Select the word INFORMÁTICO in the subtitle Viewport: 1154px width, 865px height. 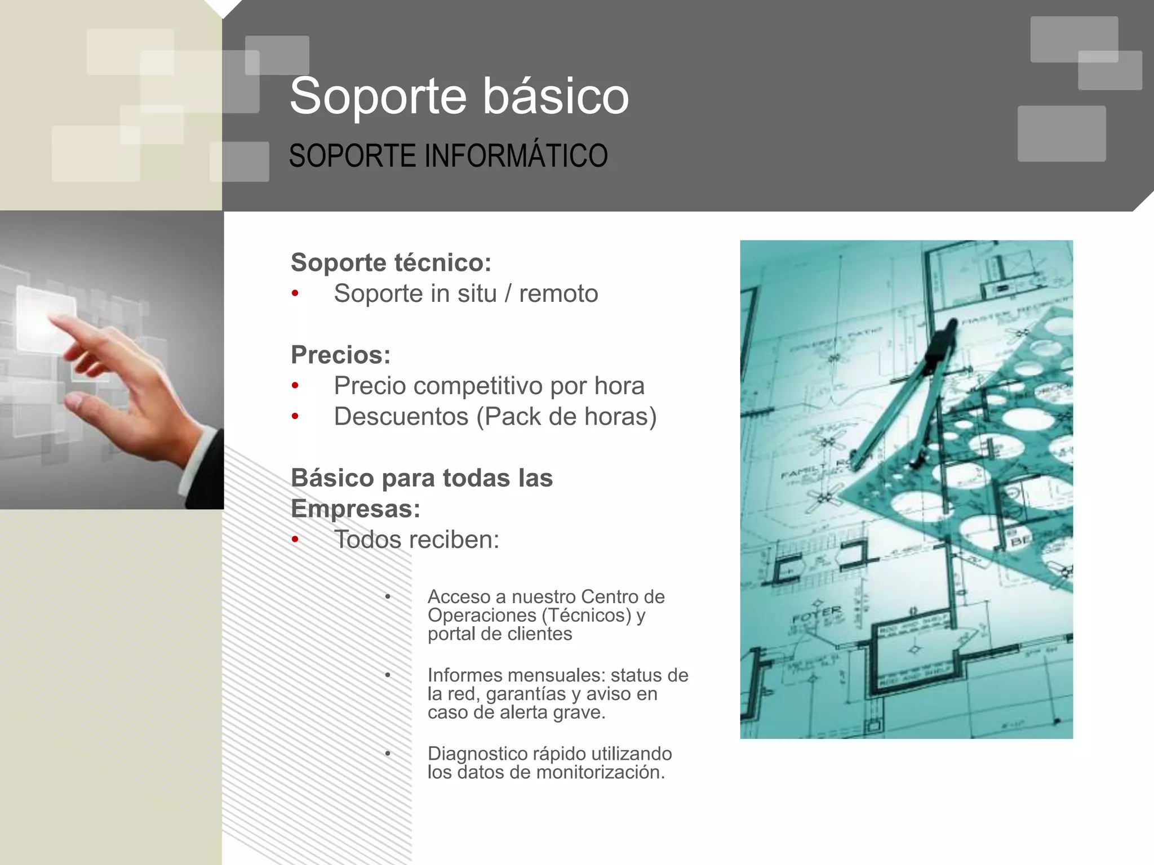[516, 156]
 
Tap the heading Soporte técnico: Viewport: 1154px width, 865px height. [391, 262]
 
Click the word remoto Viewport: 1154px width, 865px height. [558, 293]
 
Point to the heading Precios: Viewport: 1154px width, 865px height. [340, 355]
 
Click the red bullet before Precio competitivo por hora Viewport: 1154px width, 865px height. [295, 386]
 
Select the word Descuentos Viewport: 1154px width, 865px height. [401, 417]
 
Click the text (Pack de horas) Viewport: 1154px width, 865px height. [566, 417]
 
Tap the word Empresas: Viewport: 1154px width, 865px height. [356, 509]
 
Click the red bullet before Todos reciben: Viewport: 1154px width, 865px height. [295, 540]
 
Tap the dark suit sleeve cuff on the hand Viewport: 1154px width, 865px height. [206, 467]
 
